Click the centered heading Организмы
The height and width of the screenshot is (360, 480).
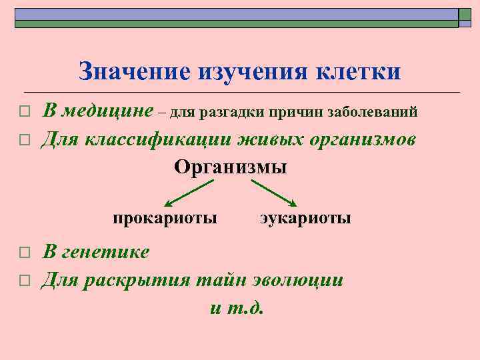pyautogui.click(x=231, y=167)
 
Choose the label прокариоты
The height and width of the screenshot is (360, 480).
pyautogui.click(x=165, y=218)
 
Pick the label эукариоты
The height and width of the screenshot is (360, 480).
pyautogui.click(x=305, y=218)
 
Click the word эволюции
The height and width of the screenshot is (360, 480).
pyautogui.click(x=303, y=279)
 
